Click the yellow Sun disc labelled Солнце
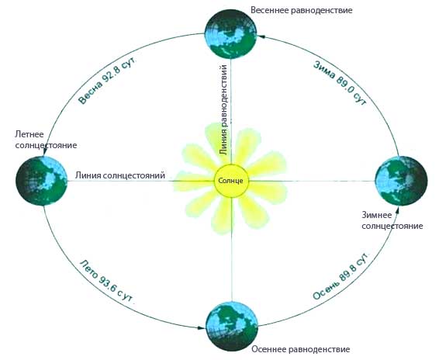coord(231,181)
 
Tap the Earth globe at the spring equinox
coord(230,33)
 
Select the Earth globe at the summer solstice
coord(41,181)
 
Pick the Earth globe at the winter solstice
coord(401,181)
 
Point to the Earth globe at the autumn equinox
coord(232,327)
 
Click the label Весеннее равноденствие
coord(301,10)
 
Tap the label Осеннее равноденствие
coord(301,349)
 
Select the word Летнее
coord(29,134)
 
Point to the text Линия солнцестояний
coord(120,175)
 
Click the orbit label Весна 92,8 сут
coord(108,81)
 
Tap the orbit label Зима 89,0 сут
coord(340,83)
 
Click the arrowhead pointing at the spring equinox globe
coord(261,36)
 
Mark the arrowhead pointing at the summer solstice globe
coord(44,152)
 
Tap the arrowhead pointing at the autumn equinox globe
coord(202,327)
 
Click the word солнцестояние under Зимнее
coord(392,226)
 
